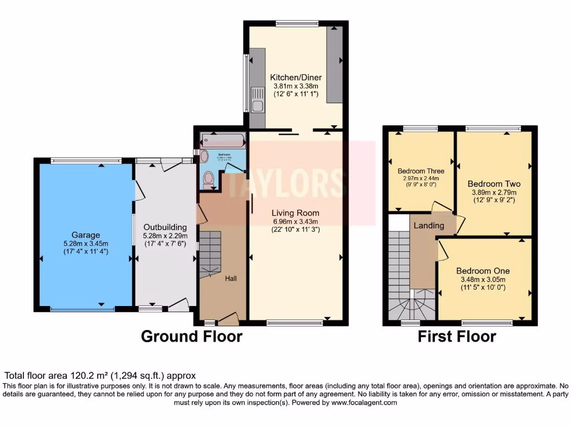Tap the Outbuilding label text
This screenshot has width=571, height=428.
coord(165,227)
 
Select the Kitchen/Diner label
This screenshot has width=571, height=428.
coord(296,77)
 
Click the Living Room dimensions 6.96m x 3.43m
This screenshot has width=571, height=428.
coord(296,221)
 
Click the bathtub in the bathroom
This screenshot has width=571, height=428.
coord(222,139)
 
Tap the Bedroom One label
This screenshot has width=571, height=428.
coord(482,271)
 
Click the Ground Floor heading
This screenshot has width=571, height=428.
coord(191,336)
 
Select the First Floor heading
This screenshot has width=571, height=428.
coord(457,336)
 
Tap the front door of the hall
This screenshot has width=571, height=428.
coord(228,319)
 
